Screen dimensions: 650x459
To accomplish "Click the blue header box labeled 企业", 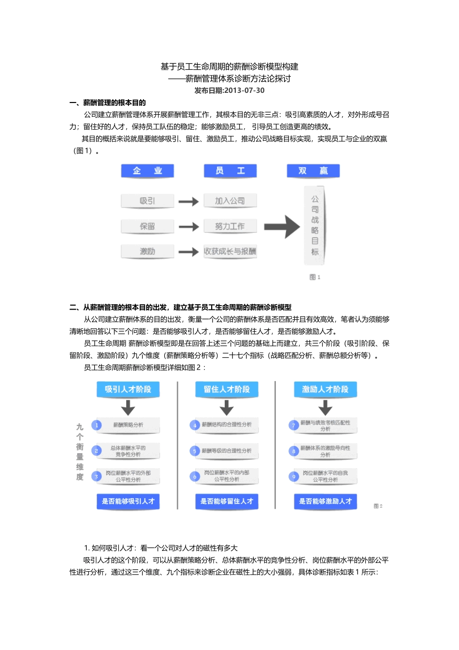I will click(x=147, y=171).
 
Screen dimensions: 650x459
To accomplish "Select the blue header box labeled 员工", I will click(x=230, y=171).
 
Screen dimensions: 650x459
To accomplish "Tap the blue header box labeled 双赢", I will click(x=313, y=171).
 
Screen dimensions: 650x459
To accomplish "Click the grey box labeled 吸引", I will click(x=147, y=201).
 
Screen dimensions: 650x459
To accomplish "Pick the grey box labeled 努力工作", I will click(x=230, y=226).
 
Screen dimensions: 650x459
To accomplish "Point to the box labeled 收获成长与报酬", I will click(x=230, y=251).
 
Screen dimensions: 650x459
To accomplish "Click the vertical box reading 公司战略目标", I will click(x=315, y=225).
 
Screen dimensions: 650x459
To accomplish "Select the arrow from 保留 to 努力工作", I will click(x=188, y=226).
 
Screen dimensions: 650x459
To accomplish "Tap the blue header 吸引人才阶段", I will click(x=128, y=389).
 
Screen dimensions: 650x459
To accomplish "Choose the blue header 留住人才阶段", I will click(x=227, y=389).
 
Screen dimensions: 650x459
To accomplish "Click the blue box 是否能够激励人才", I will click(x=325, y=502).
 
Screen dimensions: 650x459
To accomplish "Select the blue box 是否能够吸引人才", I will click(x=128, y=502).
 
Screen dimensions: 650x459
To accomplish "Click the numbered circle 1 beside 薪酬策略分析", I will click(x=97, y=425).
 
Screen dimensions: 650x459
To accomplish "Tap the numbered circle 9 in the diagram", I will click(x=294, y=476).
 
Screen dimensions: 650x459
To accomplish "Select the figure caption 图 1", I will click(x=315, y=277).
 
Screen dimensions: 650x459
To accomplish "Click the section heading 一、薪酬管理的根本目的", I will click(x=108, y=103).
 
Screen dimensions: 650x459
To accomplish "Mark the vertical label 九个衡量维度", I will click(x=80, y=452).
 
